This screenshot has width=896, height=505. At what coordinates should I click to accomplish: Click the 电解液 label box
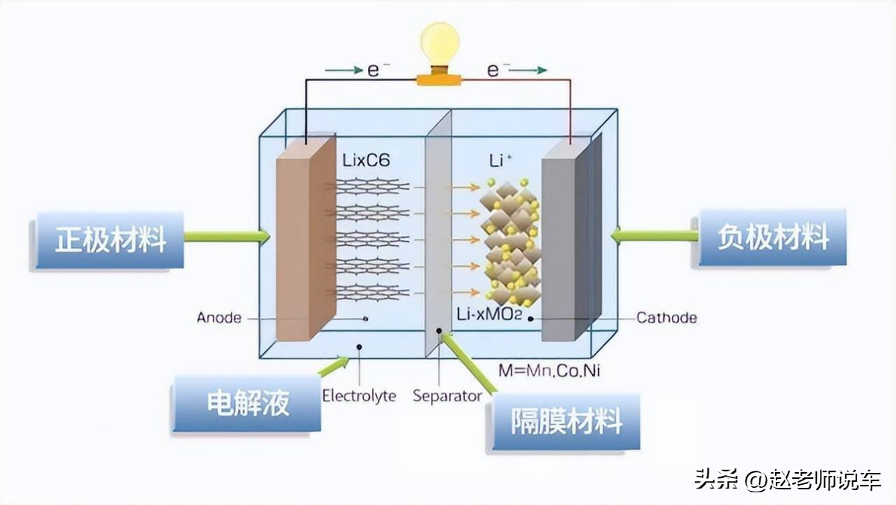coord(246,403)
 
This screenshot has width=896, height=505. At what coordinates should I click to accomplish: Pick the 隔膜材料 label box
coord(565,422)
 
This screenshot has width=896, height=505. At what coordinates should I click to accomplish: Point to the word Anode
coord(219,317)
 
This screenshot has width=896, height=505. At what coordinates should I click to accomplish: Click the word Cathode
coord(666,317)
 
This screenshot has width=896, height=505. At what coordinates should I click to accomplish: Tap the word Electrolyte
coord(358,395)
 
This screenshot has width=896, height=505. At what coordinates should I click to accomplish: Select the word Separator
coord(447,395)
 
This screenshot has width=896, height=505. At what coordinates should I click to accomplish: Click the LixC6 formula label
coord(366,160)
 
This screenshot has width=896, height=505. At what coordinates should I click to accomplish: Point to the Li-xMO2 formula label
coord(489,317)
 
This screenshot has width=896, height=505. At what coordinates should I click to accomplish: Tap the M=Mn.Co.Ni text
coord(550,369)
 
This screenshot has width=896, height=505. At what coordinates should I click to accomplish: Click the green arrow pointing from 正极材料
coord(226,237)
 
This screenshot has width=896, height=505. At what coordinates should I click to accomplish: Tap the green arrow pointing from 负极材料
coord(654,236)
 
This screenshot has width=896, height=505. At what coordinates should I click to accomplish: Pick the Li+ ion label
coord(500,161)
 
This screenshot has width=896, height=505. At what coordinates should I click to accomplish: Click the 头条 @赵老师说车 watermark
coord(788,479)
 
